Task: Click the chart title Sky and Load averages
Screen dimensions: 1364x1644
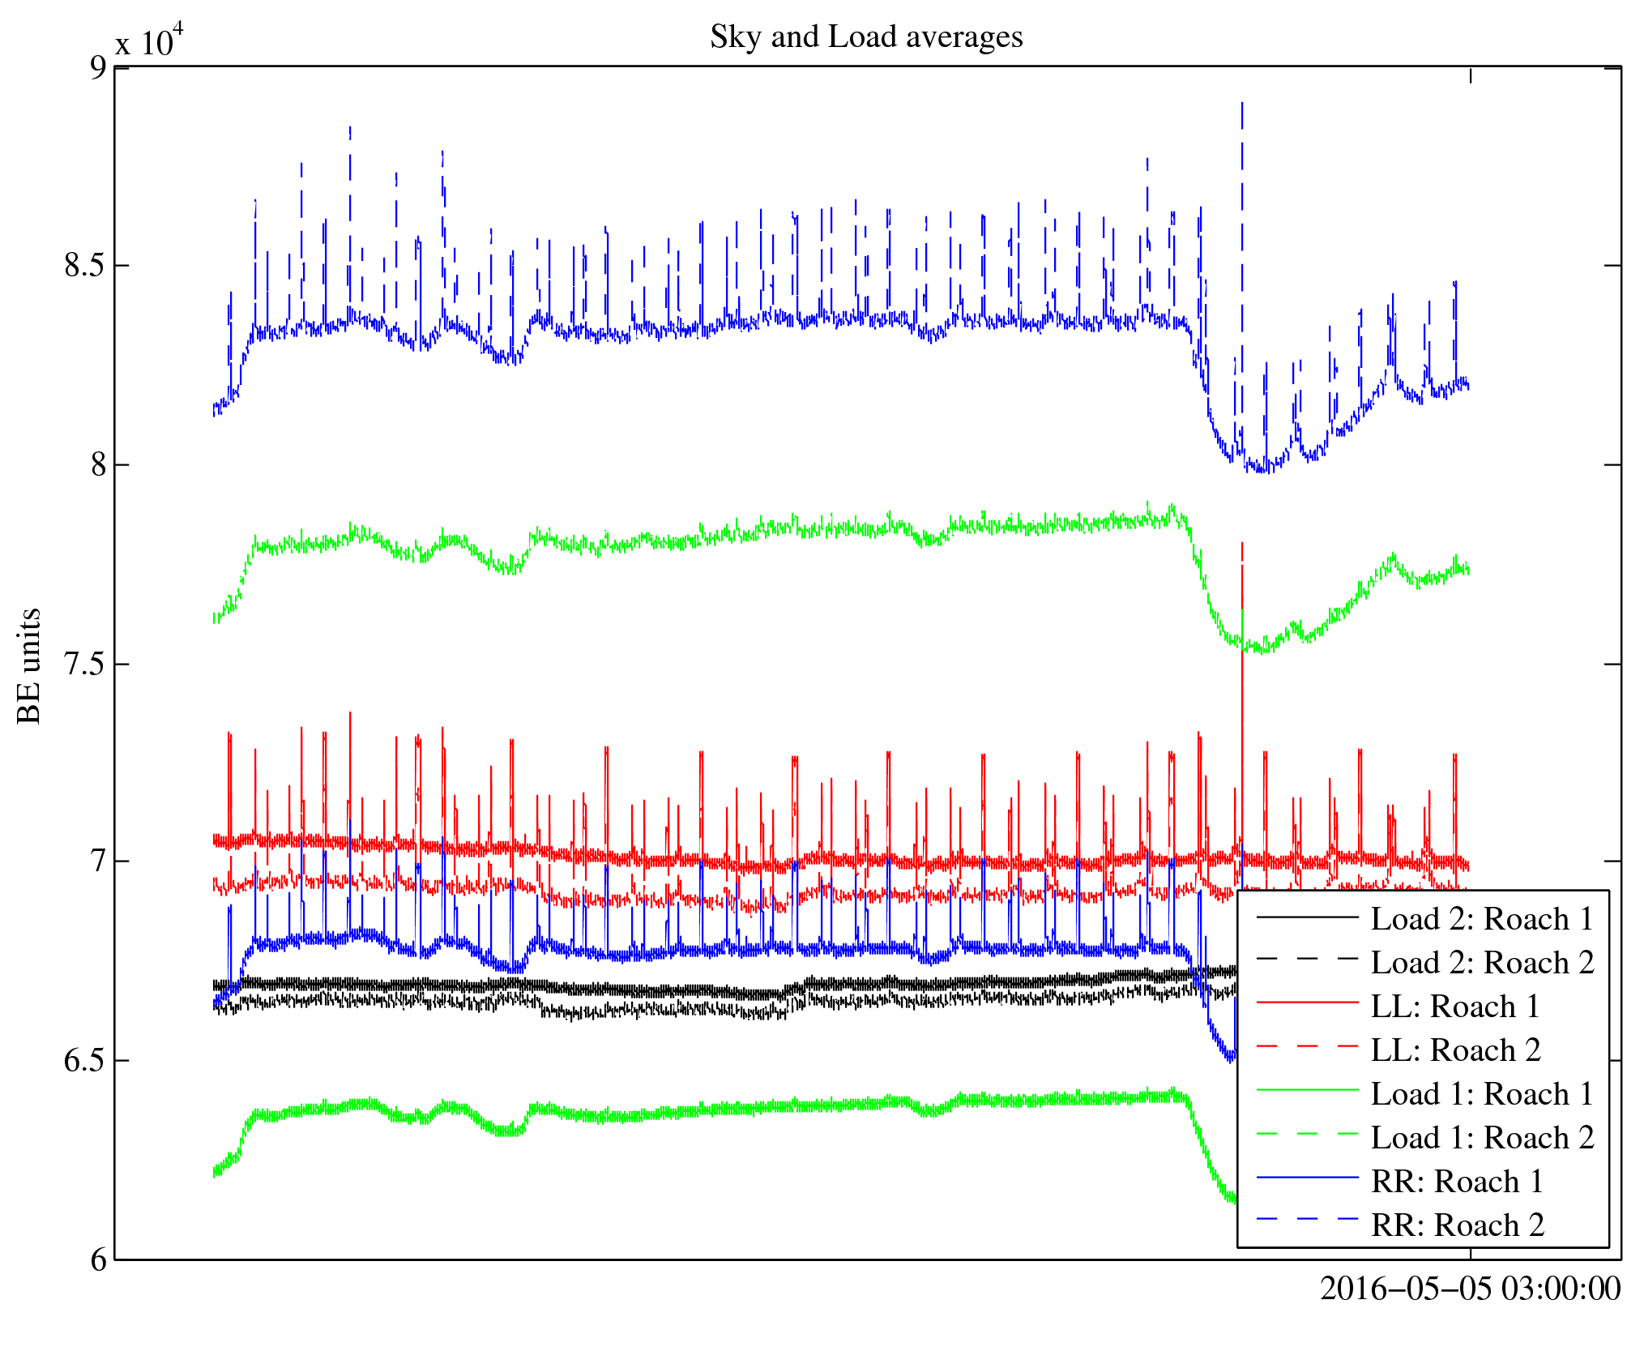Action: pos(866,37)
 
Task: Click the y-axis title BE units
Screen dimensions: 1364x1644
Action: pos(29,665)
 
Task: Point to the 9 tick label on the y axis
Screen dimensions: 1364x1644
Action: pos(98,67)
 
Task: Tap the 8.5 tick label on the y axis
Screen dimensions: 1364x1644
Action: pos(85,266)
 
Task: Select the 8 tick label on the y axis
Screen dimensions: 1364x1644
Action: pos(98,465)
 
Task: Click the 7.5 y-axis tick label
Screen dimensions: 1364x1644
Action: pos(85,664)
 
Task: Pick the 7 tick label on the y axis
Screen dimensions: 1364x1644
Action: pos(98,862)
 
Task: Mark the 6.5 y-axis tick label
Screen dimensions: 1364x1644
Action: pos(85,1061)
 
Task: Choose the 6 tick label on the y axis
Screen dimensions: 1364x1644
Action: pos(98,1260)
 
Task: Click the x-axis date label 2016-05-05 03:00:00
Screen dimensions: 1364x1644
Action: pos(1470,1289)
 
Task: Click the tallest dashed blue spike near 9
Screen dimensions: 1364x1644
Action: pos(1242,105)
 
